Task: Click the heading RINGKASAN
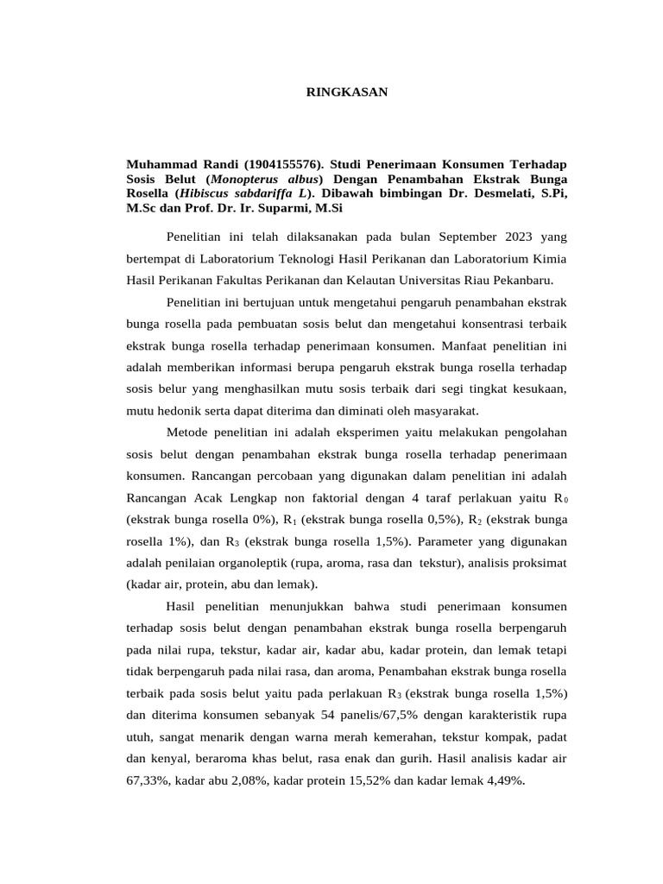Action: coord(348,92)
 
